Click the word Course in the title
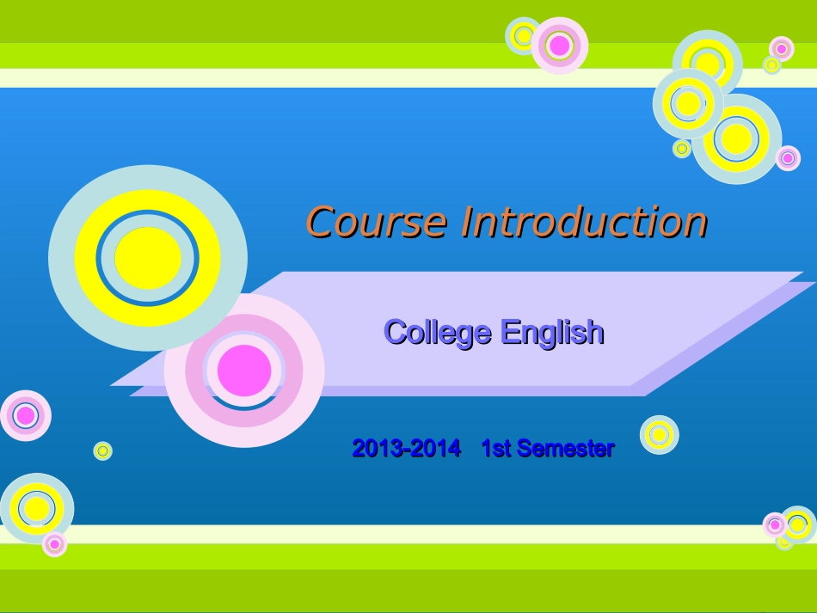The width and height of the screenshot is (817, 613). [376, 223]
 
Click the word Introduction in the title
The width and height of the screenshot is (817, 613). [584, 223]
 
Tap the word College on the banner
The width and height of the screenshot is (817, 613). [438, 332]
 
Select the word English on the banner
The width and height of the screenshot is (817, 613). [552, 332]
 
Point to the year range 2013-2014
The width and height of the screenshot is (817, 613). [406, 448]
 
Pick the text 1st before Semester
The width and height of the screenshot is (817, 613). [495, 448]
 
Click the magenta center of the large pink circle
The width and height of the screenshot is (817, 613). [244, 371]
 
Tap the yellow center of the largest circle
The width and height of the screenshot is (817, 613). [148, 258]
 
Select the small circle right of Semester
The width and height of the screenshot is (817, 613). [660, 435]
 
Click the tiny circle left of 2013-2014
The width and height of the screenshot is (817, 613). [103, 451]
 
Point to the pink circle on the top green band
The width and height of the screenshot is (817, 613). [560, 46]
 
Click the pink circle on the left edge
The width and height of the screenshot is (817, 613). [26, 415]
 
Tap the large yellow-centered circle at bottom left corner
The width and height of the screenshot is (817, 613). [37, 508]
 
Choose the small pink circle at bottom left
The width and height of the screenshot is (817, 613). [54, 543]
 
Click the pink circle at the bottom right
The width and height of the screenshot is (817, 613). [775, 524]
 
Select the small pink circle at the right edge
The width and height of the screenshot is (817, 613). [788, 158]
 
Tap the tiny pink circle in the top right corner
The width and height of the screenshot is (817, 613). [781, 49]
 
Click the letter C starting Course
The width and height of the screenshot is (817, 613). [320, 224]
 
